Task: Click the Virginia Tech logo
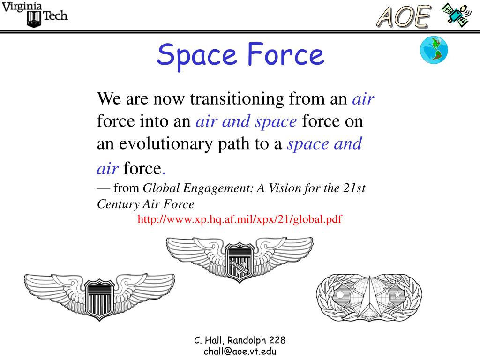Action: tap(35, 14)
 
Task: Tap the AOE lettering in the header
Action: tap(403, 17)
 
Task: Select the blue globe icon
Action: tap(434, 50)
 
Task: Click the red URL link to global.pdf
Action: tap(240, 219)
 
